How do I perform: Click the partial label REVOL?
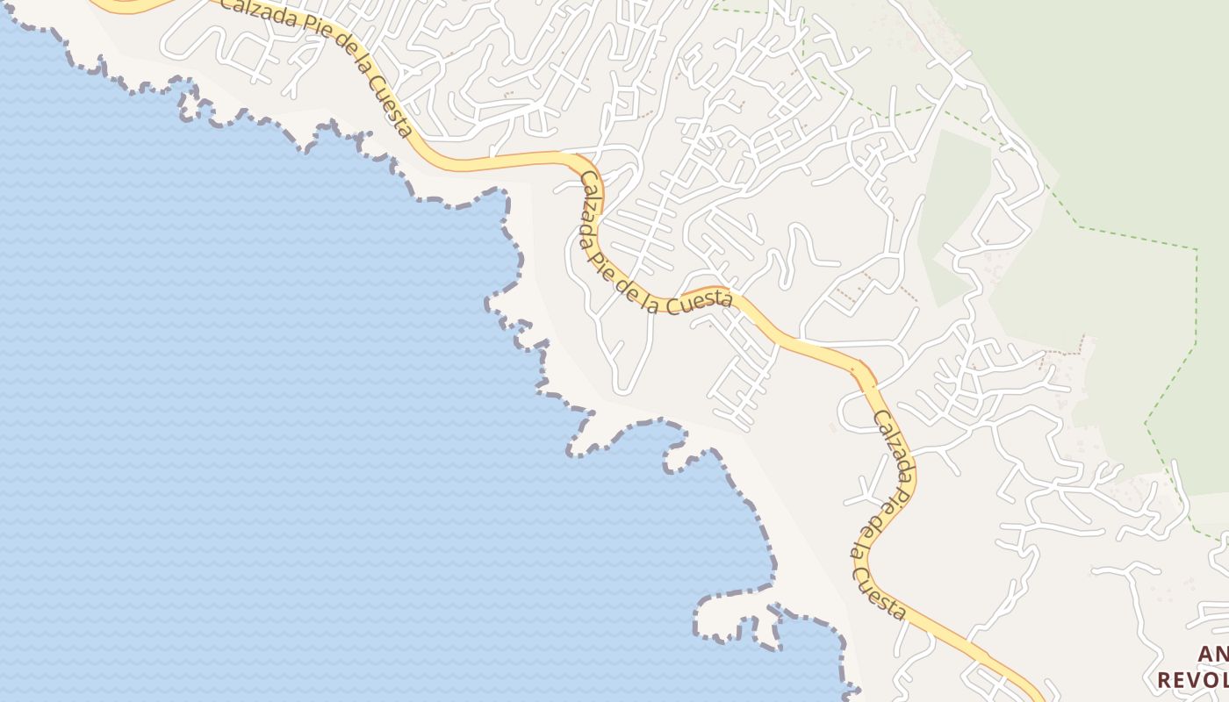[x=1192, y=680]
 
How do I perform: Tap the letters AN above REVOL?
[x=1212, y=654]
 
